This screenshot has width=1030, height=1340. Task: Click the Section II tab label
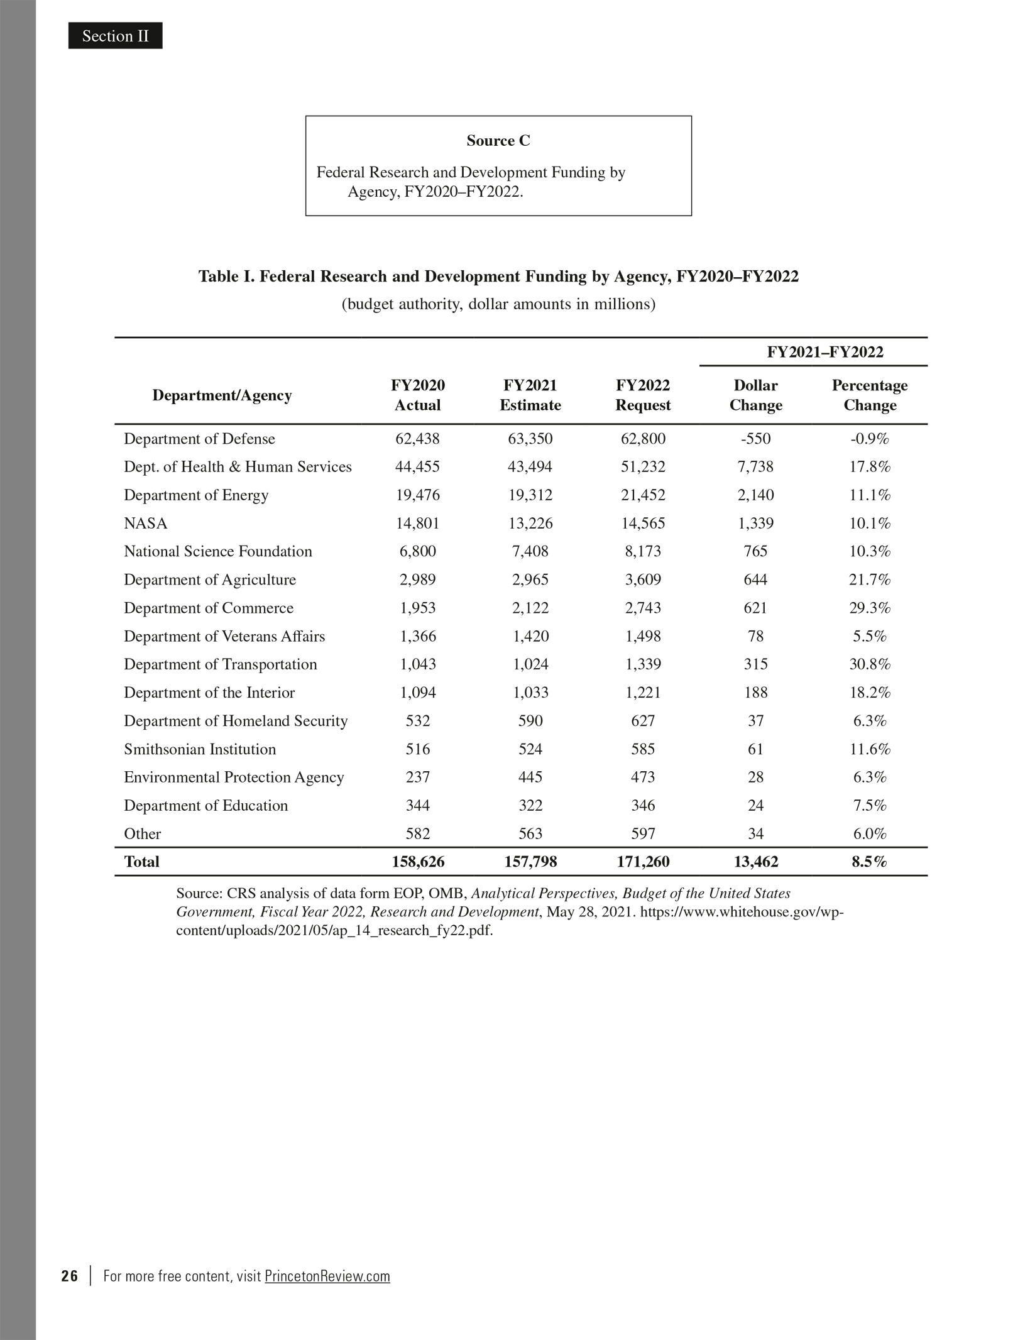point(115,36)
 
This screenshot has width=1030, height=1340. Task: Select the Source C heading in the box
point(498,141)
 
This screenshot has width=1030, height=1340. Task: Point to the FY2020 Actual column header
point(417,395)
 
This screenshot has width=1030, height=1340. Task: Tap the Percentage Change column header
point(869,395)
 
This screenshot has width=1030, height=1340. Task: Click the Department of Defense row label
point(199,439)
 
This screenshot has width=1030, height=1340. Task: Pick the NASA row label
point(145,524)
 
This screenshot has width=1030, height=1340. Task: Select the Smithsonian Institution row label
point(199,749)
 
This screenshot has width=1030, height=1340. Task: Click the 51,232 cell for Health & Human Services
point(642,467)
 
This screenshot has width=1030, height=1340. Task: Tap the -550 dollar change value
point(755,439)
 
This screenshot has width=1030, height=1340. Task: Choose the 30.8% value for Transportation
point(869,664)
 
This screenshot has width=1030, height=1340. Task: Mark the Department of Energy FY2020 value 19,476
point(417,495)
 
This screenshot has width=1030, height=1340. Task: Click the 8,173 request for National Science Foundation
point(642,552)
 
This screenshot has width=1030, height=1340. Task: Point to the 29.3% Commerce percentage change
point(869,608)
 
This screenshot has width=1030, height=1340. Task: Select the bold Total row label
point(141,862)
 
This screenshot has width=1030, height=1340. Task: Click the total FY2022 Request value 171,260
point(642,862)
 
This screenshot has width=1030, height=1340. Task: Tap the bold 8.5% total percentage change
point(869,862)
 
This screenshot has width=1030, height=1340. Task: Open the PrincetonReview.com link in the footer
point(327,1277)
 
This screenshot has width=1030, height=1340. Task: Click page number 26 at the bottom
point(70,1277)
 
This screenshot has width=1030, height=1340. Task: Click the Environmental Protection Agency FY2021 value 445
point(530,777)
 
